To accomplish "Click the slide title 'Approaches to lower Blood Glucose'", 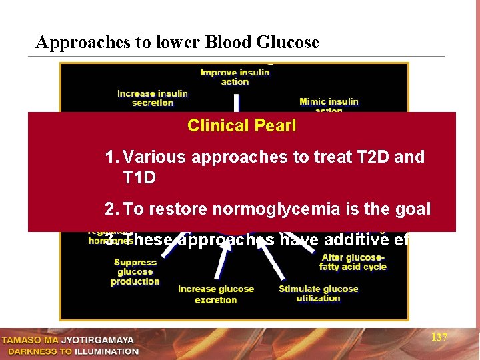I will [x=177, y=43].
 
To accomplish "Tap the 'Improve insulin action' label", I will [x=235, y=77].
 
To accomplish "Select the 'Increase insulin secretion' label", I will [x=153, y=98].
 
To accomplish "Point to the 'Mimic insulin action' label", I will [x=329, y=105].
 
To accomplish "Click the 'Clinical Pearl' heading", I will [x=242, y=125].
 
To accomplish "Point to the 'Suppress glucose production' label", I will [x=135, y=272].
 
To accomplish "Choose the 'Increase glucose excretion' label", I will [x=216, y=295].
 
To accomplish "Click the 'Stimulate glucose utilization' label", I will [x=318, y=293].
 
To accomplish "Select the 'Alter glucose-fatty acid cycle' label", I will [x=353, y=262].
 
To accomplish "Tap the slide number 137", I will [x=439, y=338].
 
